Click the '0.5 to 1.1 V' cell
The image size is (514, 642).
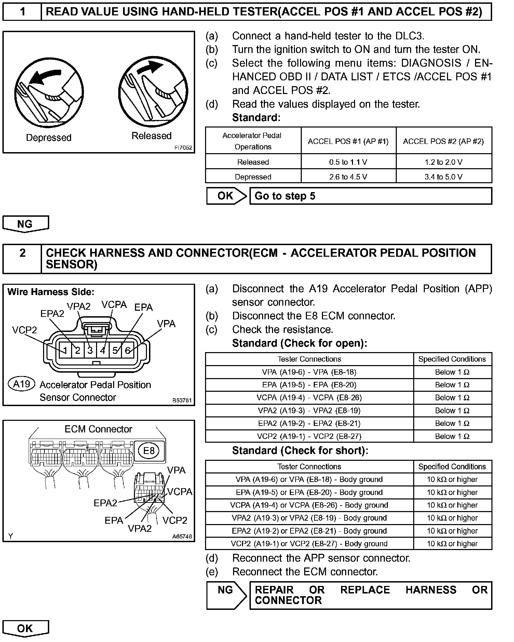[348, 162]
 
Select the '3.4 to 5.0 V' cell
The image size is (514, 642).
[443, 177]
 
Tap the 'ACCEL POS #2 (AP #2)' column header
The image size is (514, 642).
[443, 141]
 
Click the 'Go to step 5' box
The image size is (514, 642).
[370, 196]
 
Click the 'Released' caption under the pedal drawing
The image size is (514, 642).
[151, 136]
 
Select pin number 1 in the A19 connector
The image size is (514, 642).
[65, 350]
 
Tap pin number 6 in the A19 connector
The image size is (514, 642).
[127, 350]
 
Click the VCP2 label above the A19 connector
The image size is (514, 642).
[24, 330]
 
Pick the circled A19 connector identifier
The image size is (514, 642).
[22, 384]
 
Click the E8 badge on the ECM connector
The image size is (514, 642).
[149, 451]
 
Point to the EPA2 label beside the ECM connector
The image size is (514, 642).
[105, 503]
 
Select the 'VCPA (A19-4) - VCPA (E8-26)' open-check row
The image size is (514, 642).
[309, 398]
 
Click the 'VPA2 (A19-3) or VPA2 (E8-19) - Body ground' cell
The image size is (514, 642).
[309, 518]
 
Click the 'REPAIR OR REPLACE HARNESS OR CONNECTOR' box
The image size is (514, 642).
[370, 595]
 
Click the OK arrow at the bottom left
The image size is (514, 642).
[25, 628]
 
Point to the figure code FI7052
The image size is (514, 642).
[183, 148]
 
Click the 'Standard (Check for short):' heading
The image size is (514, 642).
[300, 451]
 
